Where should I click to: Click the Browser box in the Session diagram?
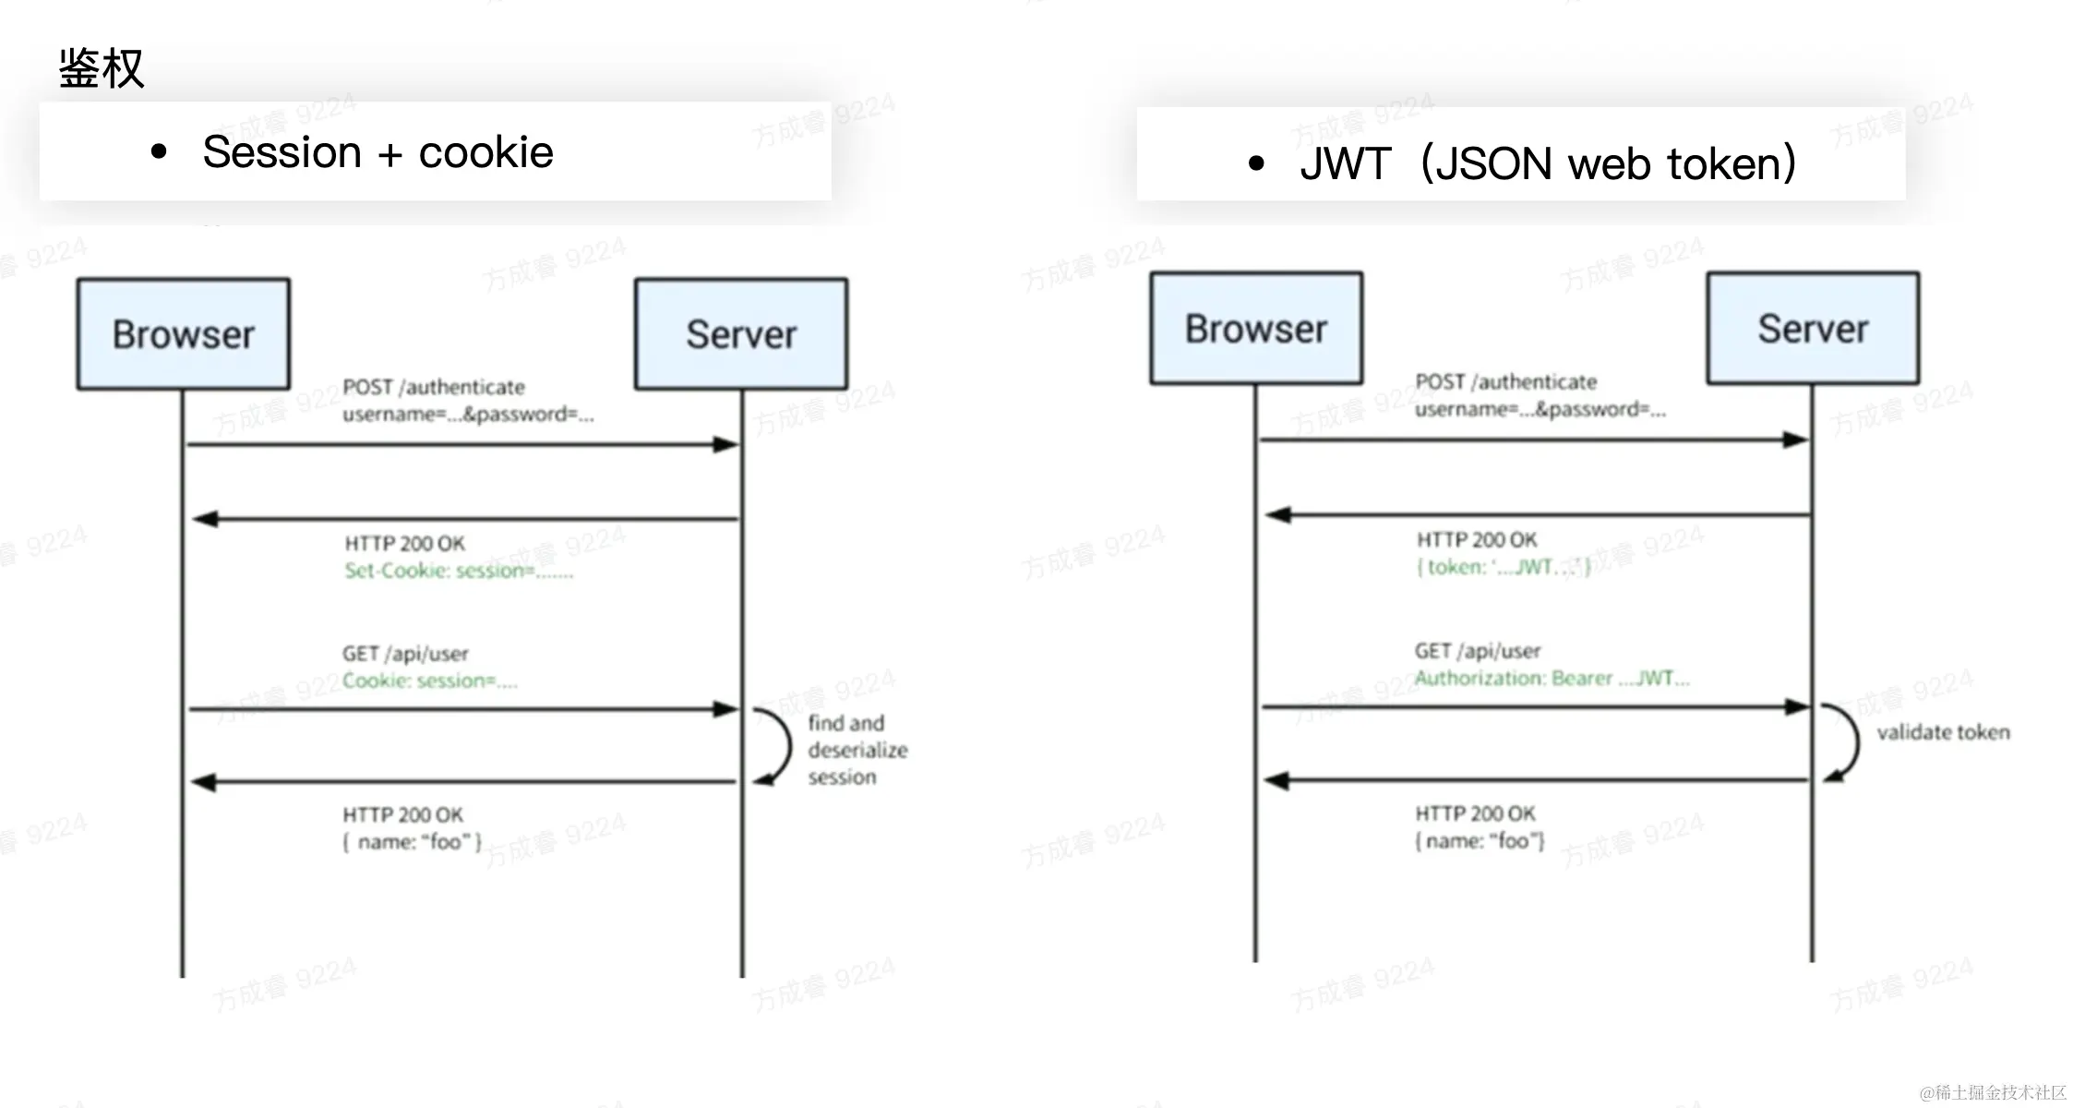(184, 334)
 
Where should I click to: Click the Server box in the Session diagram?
(741, 334)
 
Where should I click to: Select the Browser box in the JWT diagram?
(1256, 329)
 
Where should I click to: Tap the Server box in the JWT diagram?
(1813, 329)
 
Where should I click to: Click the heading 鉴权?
(102, 68)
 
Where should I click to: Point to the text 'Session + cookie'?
(377, 152)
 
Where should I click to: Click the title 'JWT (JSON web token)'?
(1548, 163)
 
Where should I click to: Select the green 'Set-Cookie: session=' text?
(459, 571)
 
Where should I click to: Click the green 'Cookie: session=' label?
(429, 680)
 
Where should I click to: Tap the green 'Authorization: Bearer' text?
(1552, 679)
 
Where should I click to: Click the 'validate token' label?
(1943, 732)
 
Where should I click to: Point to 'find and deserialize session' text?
(857, 750)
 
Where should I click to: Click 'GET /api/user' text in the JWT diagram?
(1478, 651)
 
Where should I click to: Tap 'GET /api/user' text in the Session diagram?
(405, 654)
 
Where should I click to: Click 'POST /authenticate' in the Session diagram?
(433, 387)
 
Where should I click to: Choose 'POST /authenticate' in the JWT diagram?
(1505, 382)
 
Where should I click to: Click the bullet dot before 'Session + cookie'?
(159, 152)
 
